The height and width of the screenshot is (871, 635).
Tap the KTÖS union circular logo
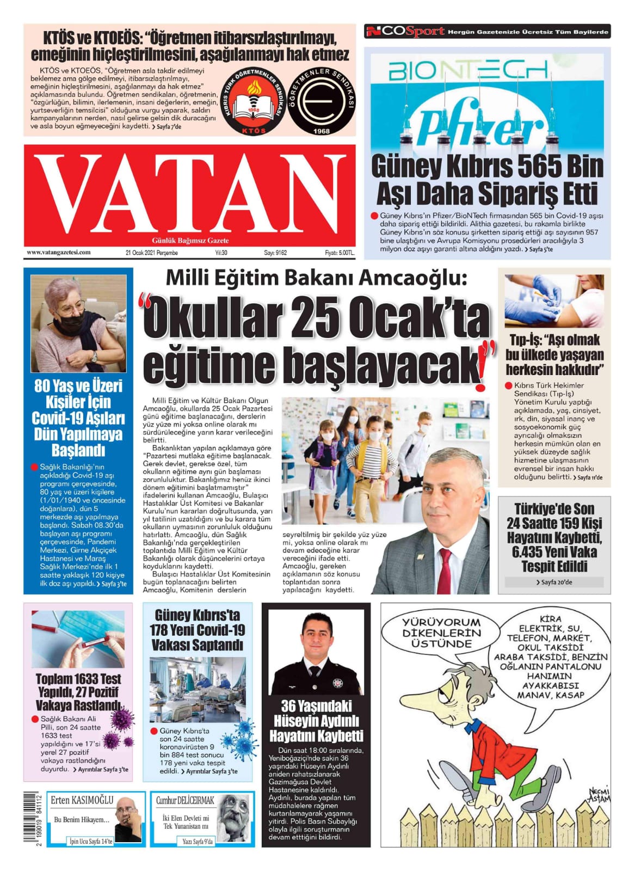pos(254,102)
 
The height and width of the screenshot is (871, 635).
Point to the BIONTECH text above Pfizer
pos(467,70)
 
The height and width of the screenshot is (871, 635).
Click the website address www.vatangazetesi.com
pos(59,253)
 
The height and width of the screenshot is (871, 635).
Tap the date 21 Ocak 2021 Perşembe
pos(151,253)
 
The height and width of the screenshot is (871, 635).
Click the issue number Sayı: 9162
pos(275,253)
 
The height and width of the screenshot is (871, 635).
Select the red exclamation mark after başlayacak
pos(481,376)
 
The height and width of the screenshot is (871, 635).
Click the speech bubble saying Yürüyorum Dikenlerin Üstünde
pos(442,633)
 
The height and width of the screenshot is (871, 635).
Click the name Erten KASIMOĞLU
pos(82,800)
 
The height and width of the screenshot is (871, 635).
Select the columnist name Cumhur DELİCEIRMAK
pos(185,800)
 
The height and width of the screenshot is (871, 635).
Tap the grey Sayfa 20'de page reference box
pos(554,582)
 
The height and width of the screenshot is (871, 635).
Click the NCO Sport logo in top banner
pos(405,32)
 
